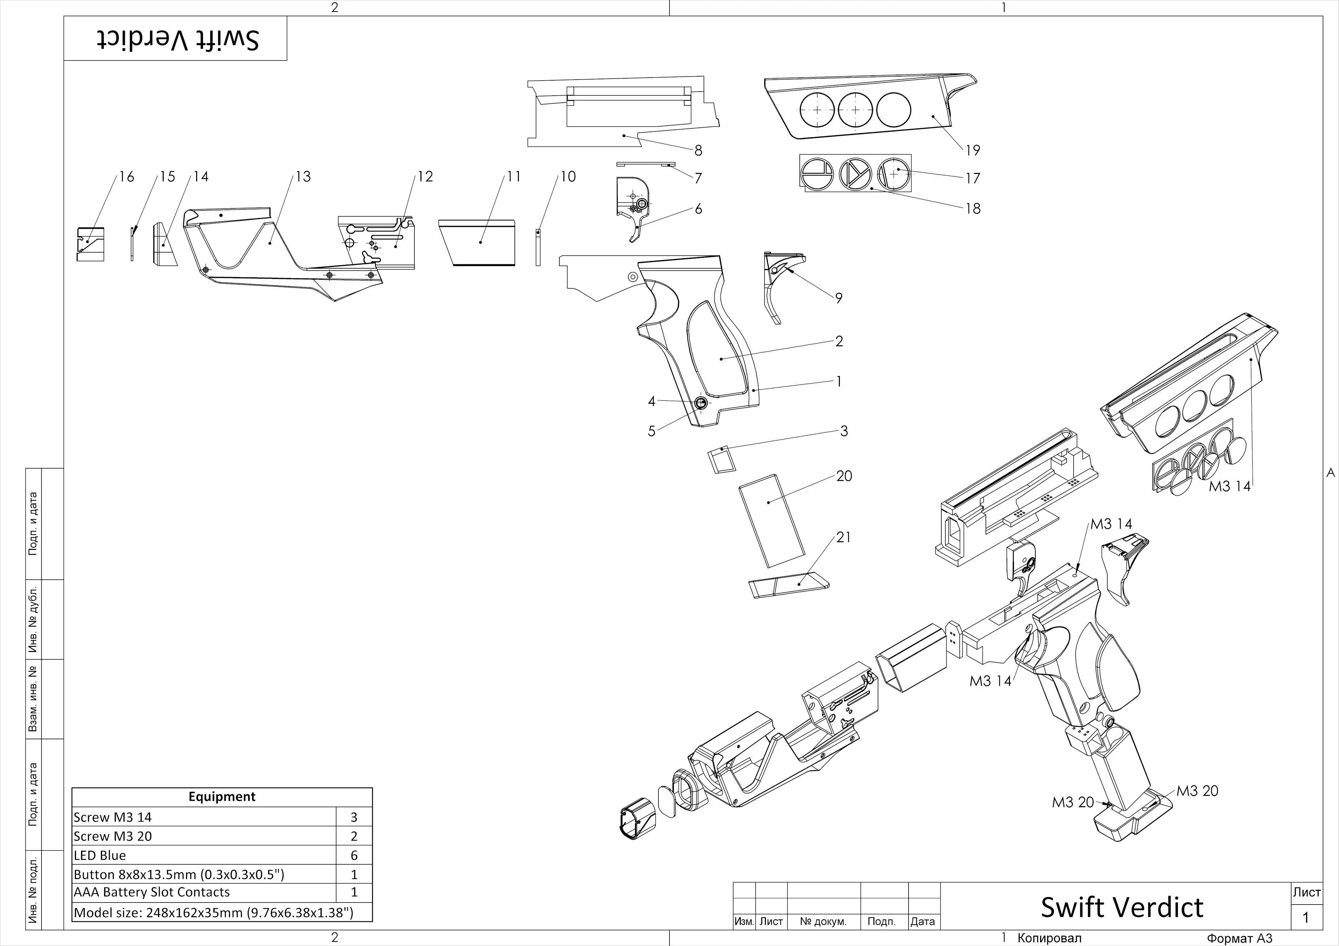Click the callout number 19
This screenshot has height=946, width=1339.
972,151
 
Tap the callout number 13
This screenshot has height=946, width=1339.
303,177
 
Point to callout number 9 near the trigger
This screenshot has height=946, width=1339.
839,298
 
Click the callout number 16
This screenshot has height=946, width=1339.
127,177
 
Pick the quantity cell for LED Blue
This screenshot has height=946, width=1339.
353,855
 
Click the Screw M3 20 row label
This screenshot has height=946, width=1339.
112,836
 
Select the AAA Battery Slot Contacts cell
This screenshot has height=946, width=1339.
152,892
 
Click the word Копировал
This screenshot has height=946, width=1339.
1049,938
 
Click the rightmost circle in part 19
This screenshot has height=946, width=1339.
893,110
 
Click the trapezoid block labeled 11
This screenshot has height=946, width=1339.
479,242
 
